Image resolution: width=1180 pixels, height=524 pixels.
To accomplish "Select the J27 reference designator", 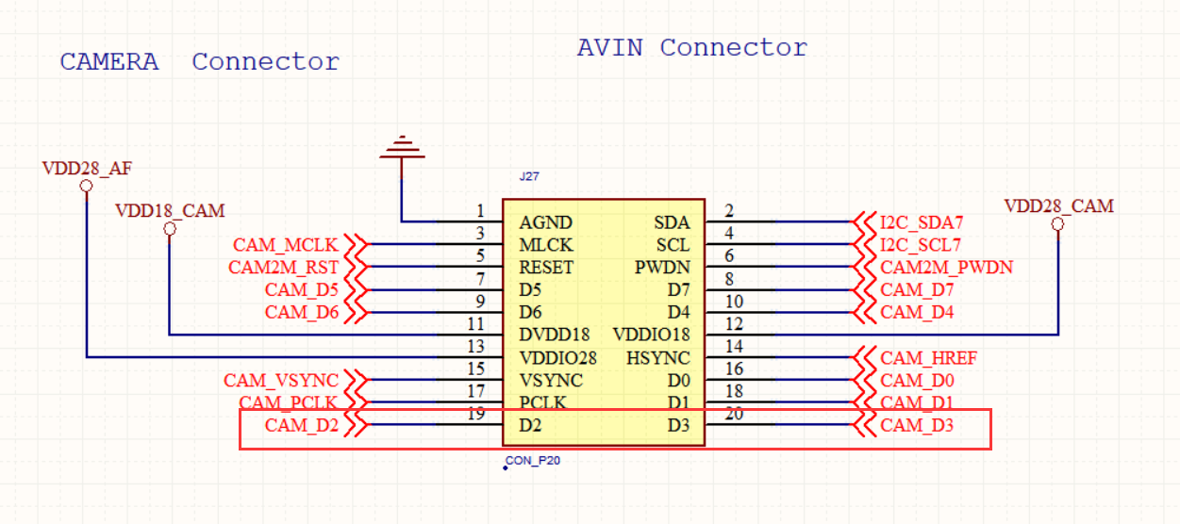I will click(529, 176).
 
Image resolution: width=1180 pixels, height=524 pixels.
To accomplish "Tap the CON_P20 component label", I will click(534, 461).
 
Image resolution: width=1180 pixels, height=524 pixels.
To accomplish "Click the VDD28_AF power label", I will click(87, 169).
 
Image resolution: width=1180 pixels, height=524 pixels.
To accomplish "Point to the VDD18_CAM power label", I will click(170, 210).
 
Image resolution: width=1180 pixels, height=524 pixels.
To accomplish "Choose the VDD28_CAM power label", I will click(1058, 205).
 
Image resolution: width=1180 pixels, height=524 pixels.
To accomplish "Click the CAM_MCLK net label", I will click(285, 245).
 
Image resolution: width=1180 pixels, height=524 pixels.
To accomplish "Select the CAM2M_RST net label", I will click(283, 268).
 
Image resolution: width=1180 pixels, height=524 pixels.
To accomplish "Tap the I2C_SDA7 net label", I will click(921, 223).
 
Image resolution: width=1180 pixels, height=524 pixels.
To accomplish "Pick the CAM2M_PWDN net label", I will click(946, 268).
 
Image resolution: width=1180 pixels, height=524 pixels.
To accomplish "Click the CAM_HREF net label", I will click(928, 358).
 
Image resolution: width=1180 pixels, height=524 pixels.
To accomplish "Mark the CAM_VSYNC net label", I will click(280, 381).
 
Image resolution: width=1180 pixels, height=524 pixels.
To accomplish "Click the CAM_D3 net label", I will click(916, 426).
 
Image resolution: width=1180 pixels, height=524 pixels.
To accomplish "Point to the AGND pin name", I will click(545, 223).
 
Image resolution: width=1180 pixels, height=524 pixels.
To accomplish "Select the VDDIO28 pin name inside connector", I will click(557, 358).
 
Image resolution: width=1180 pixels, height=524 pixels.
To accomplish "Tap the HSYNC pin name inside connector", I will click(658, 358).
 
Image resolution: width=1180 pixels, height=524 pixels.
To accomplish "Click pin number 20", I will click(734, 414).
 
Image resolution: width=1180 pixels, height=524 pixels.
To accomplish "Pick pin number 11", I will click(476, 323).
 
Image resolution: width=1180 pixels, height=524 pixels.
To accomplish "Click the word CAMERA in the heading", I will click(109, 62).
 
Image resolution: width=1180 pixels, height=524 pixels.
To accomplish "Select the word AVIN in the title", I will click(609, 48).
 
